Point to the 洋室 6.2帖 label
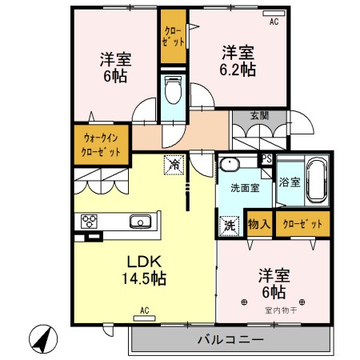[238, 61]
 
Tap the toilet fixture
[172, 91]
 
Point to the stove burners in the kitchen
[86, 222]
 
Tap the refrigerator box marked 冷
[174, 164]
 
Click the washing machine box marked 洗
[228, 226]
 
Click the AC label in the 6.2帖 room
[274, 21]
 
